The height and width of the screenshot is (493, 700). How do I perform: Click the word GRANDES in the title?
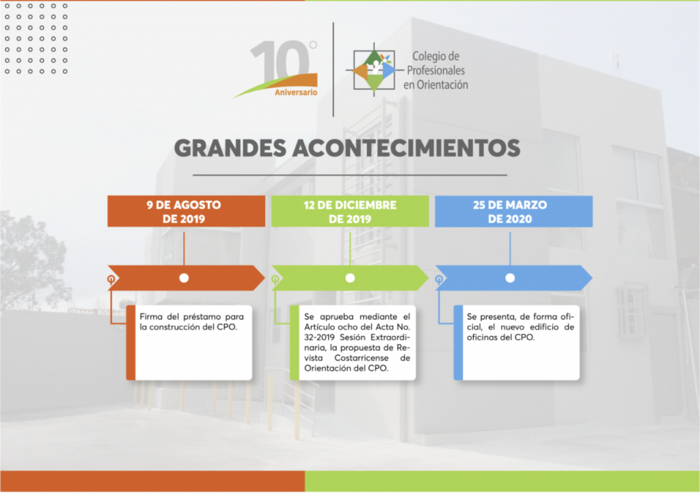pos(230,148)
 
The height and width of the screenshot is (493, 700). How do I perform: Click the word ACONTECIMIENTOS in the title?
pos(406,148)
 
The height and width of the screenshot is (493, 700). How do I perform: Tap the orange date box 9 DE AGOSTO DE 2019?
pos(186,211)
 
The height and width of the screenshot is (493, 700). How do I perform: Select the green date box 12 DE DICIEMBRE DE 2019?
pos(350,211)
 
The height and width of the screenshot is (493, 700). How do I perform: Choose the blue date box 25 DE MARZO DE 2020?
pos(514,211)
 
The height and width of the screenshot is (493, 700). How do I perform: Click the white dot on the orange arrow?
pos(184,278)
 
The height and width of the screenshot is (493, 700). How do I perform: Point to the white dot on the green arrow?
pos(350,278)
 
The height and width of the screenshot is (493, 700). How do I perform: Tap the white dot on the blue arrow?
pos(510,278)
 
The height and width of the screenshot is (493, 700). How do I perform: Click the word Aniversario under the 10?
pos(296,92)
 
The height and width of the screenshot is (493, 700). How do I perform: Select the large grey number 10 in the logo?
pos(280,61)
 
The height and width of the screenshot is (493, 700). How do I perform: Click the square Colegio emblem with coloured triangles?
pos(374,70)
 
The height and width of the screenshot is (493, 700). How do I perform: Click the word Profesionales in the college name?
pos(435,70)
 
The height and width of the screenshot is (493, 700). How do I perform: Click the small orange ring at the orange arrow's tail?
pos(111,279)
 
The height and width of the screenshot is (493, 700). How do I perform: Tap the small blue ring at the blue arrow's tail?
pos(439,279)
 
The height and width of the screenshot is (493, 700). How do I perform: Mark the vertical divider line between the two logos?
pos(334,70)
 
